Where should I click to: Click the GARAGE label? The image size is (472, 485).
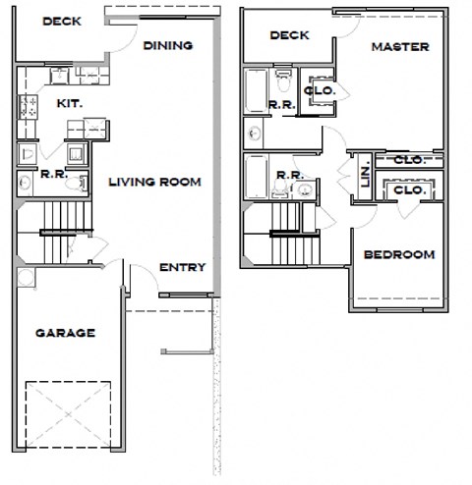pos(66,333)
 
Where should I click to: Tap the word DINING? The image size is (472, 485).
pos(167,45)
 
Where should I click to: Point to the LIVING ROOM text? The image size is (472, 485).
pos(154,181)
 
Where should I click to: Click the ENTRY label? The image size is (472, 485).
pos(182,267)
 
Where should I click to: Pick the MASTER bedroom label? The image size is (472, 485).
pos(400,46)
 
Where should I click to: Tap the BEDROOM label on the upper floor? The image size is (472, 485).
pos(398,254)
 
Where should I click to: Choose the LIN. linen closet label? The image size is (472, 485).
pos(364,176)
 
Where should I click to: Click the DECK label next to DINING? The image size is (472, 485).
pos(61,21)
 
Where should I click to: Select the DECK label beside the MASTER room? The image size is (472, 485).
pos(289,35)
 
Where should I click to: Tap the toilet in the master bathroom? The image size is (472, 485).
pos(283,75)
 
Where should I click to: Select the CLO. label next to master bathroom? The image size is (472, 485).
pos(320,90)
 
